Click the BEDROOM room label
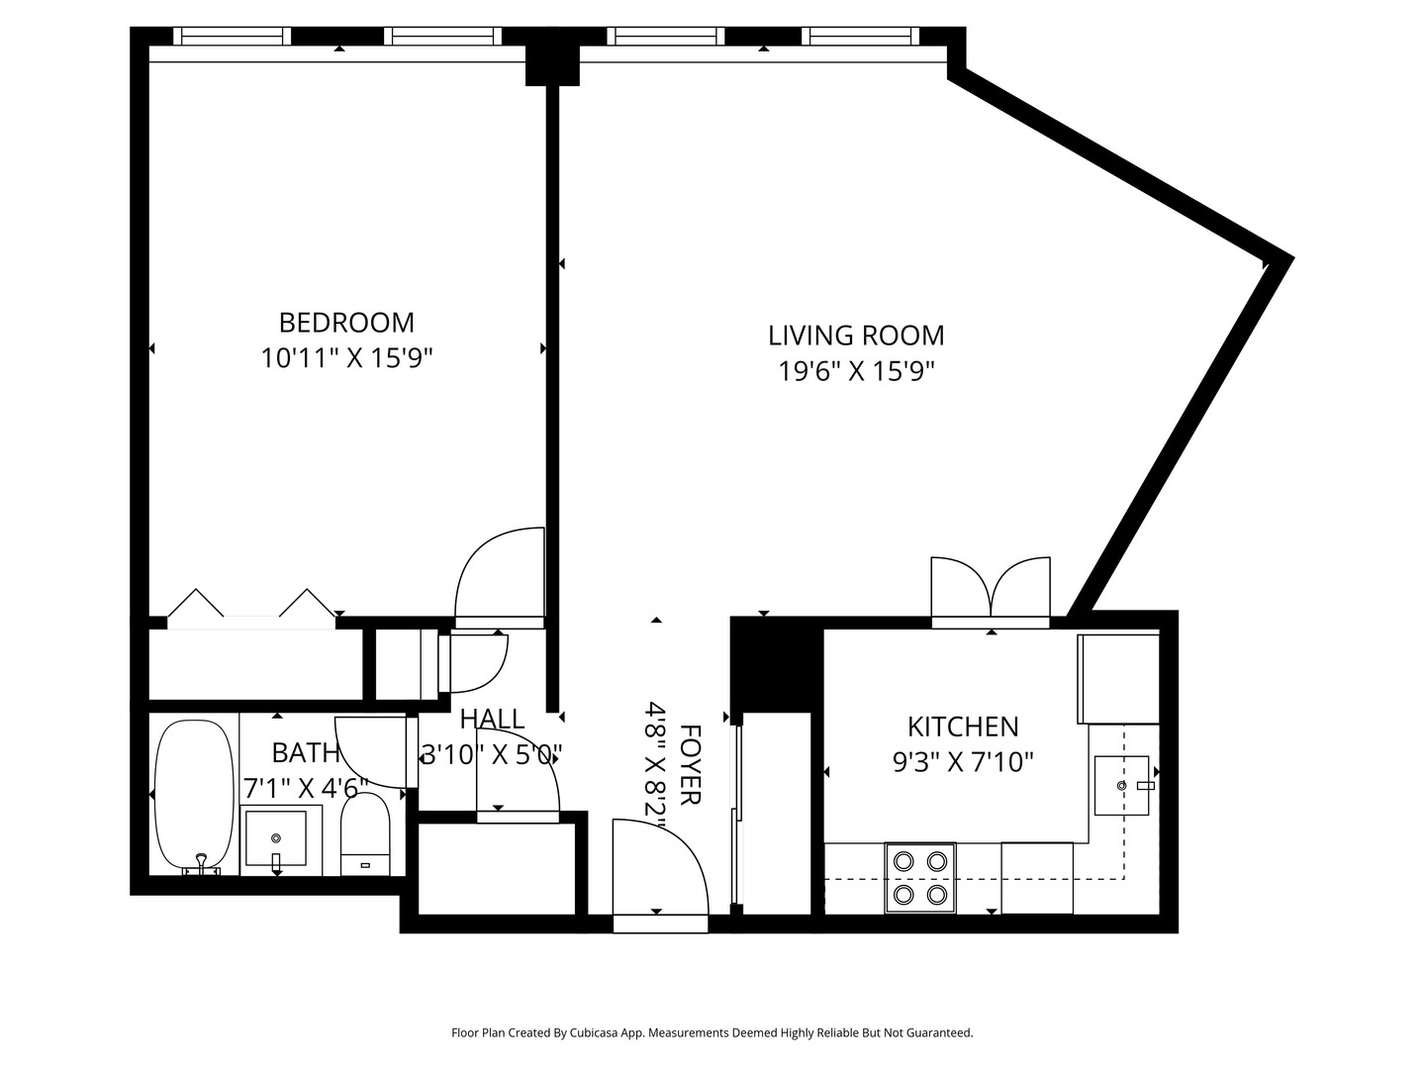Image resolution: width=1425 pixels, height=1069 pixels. [x=346, y=323]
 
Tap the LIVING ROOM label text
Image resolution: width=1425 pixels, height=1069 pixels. [x=856, y=336]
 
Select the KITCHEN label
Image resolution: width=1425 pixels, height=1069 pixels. [x=963, y=728]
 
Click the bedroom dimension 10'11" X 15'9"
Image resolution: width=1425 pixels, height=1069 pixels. [x=347, y=357]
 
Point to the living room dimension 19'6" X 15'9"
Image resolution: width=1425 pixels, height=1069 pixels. [x=856, y=371]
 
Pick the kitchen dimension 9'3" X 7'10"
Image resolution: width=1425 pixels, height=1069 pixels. [x=963, y=762]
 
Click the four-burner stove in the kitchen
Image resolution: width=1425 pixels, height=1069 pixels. [x=920, y=878]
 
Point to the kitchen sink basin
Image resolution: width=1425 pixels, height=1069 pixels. [x=1121, y=786]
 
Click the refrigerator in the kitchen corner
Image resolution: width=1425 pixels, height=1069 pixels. [x=1118, y=679]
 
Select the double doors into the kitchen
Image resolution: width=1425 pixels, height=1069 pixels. [x=991, y=592]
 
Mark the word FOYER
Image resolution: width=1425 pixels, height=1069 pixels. [x=690, y=765]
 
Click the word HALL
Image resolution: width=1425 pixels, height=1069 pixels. [x=492, y=719]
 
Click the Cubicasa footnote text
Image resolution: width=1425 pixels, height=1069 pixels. [x=712, y=1032]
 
